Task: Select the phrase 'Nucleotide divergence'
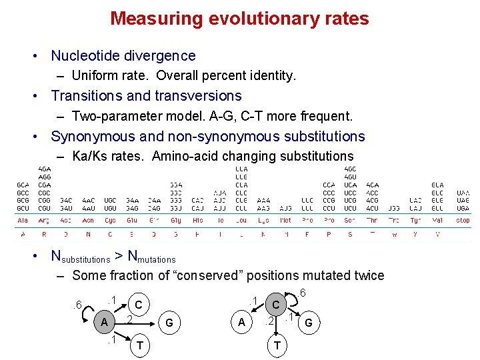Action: [x=123, y=56]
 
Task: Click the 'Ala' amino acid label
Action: [x=23, y=219]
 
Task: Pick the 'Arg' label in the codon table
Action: [x=44, y=219]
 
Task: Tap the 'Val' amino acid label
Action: [x=437, y=219]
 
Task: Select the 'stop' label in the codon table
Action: [x=462, y=219]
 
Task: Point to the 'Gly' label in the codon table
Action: [x=176, y=219]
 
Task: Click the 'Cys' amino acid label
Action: [x=110, y=219]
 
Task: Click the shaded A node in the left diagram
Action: [x=104, y=323]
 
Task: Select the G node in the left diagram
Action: [x=169, y=323]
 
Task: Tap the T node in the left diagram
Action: [x=139, y=345]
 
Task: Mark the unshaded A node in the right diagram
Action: [x=241, y=323]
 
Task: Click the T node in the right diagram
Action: [x=277, y=345]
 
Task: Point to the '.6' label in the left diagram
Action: [x=78, y=305]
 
